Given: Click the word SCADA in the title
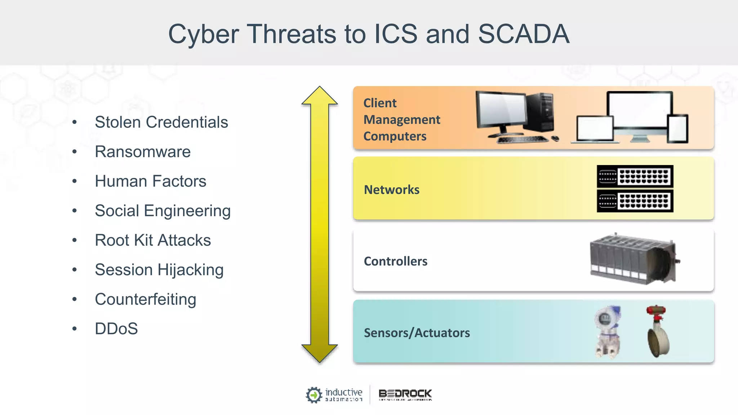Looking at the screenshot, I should click(524, 34).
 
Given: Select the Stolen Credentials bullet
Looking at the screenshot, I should click(161, 122).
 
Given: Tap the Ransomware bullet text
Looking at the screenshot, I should click(143, 152).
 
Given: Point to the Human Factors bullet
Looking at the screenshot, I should click(150, 181).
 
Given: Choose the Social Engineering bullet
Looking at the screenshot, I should click(163, 211).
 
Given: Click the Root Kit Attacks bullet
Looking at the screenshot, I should click(153, 240).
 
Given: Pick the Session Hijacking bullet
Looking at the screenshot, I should click(159, 270).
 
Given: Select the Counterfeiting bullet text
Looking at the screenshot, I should click(145, 299).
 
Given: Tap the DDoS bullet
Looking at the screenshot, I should click(116, 329).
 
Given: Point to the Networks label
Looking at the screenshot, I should click(392, 190).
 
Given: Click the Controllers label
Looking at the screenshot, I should click(396, 261).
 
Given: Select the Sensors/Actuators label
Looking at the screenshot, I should click(417, 333).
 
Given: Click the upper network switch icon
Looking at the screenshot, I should click(635, 176).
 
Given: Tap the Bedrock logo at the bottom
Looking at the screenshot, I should click(405, 394).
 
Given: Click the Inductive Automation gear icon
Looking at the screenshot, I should click(314, 395).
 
